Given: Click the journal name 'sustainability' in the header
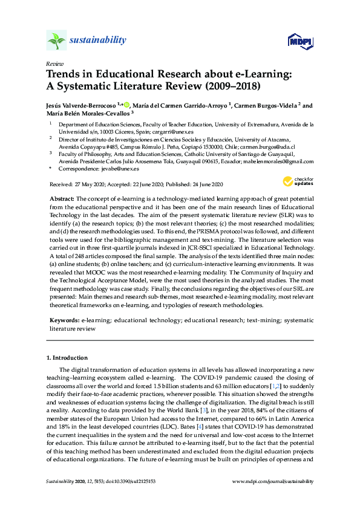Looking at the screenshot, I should point(98,41).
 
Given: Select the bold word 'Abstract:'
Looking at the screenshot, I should point(62,199).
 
